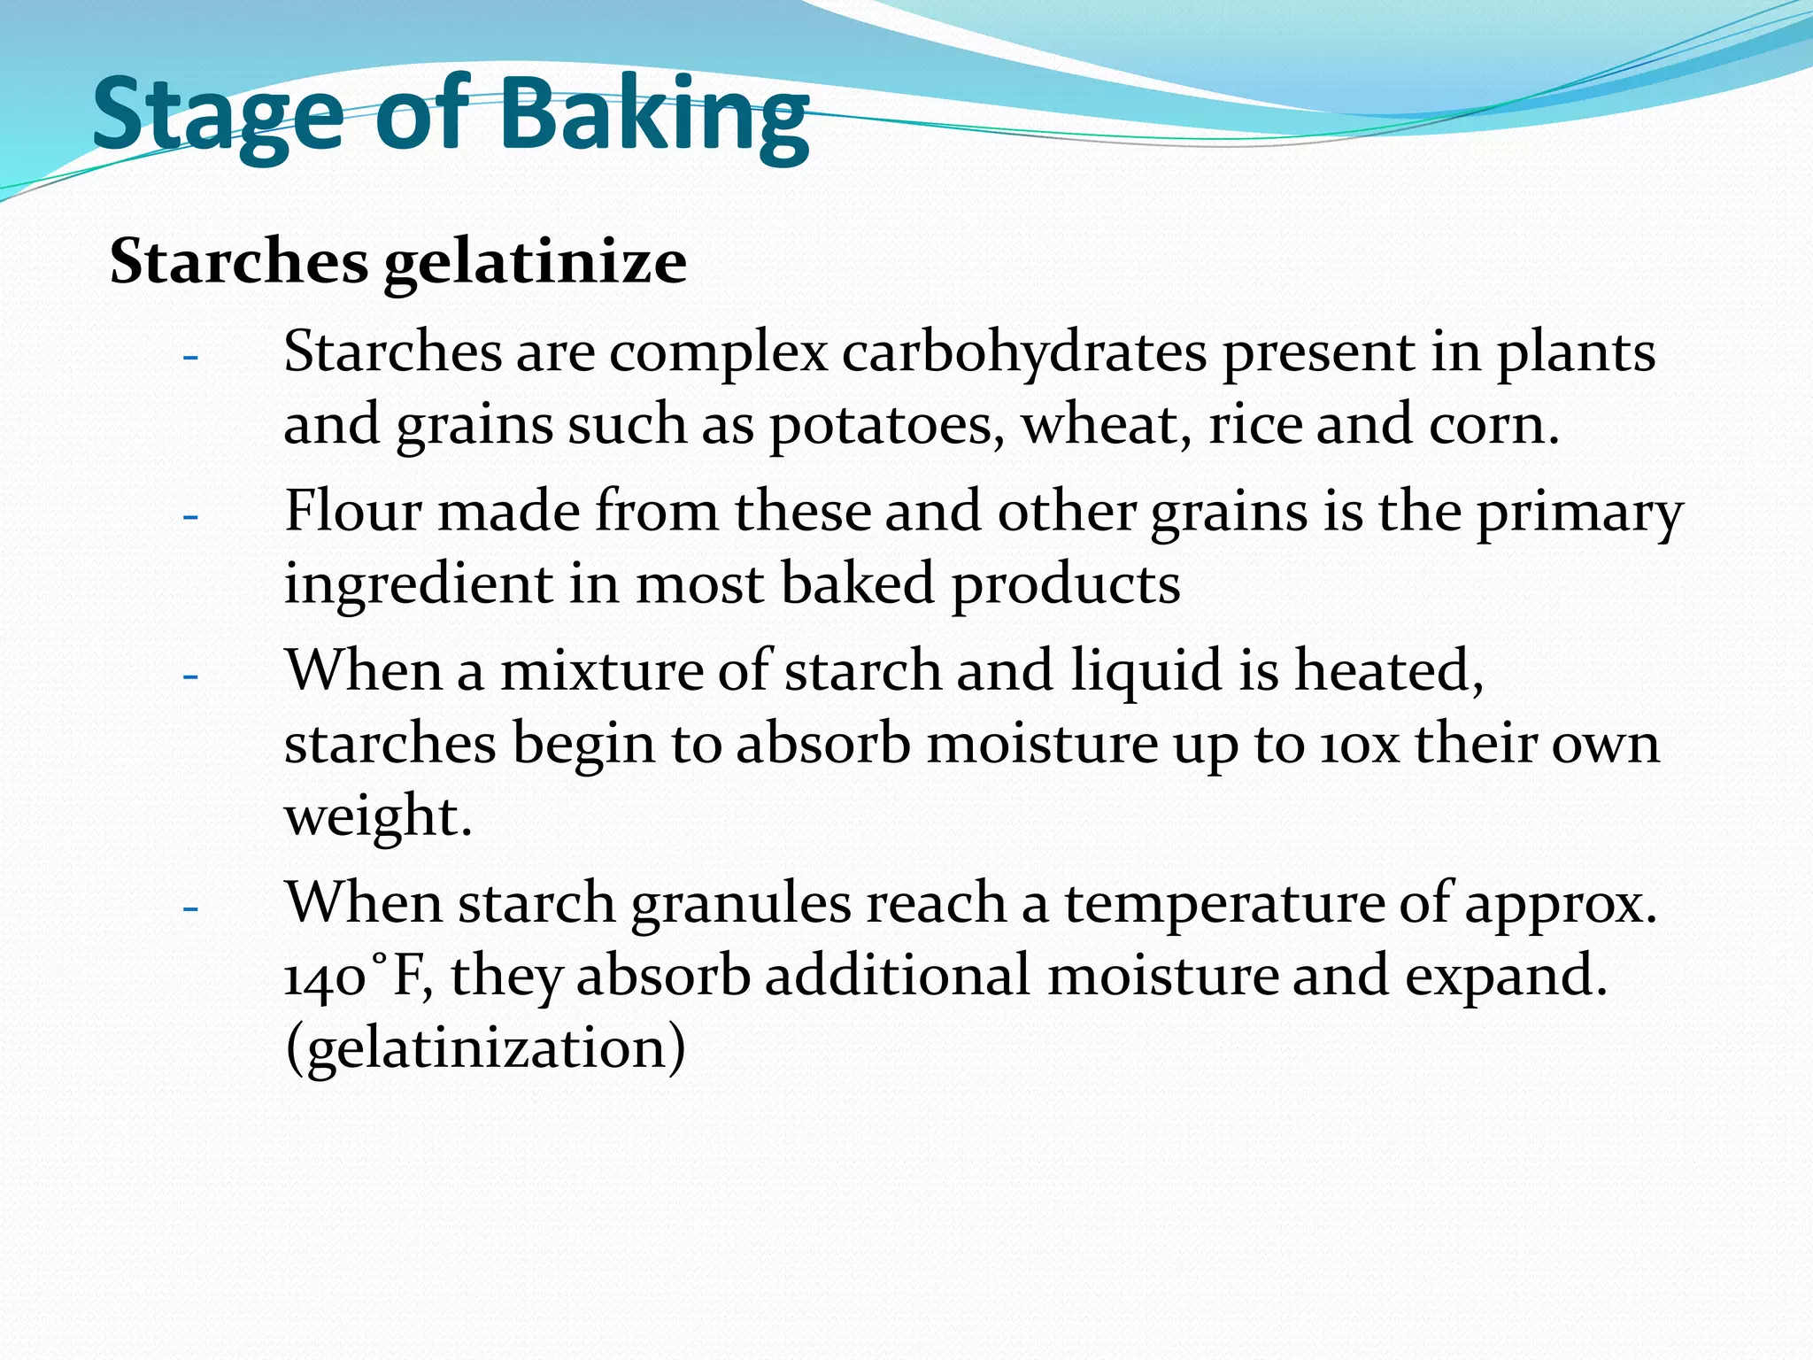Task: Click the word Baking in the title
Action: pyautogui.click(x=654, y=117)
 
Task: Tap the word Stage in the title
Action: pyautogui.click(x=218, y=117)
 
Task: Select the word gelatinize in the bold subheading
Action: pyautogui.click(x=535, y=263)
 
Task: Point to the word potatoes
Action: pyautogui.click(x=886, y=425)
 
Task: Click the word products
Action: pyautogui.click(x=1066, y=584)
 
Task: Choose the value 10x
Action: pyautogui.click(x=1359, y=744)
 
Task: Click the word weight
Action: pyautogui.click(x=377, y=816)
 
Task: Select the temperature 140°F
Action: pyautogui.click(x=358, y=977)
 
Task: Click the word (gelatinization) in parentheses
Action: pyautogui.click(x=485, y=1048)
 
